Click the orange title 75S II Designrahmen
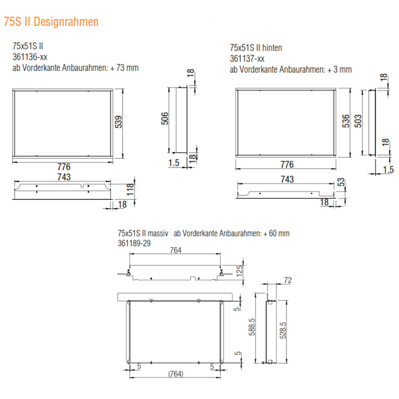[x=51, y=22]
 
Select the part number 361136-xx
[x=30, y=57]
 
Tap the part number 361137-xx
[x=247, y=59]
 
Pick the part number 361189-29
[x=134, y=243]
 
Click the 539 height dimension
[x=118, y=122]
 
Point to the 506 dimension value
[x=165, y=118]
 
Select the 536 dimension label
[x=346, y=121]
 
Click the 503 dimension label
[x=358, y=121]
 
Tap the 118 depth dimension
[x=130, y=189]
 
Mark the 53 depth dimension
[x=341, y=182]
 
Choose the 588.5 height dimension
[x=252, y=327]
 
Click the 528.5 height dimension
[x=283, y=330]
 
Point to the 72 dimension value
[x=288, y=280]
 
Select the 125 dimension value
[x=240, y=271]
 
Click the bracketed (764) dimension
[x=176, y=374]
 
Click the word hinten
[x=272, y=48]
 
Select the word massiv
[x=158, y=234]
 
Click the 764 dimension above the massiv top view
[x=176, y=250]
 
